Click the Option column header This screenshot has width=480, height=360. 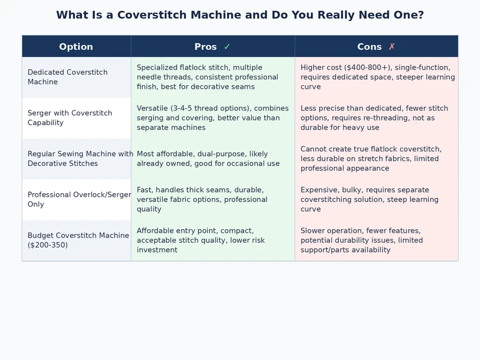76,47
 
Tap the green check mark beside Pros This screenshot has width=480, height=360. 227,47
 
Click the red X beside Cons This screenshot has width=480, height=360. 392,47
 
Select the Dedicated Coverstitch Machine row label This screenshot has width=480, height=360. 68,77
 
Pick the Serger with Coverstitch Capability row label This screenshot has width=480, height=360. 70,118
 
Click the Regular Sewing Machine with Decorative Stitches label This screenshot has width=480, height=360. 80,158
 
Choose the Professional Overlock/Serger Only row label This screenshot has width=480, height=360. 79,199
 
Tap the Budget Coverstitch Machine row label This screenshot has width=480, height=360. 79,240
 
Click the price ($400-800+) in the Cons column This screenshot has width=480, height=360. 368,67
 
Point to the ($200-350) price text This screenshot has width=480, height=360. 48,245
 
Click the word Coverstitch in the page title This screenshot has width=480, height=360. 152,14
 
